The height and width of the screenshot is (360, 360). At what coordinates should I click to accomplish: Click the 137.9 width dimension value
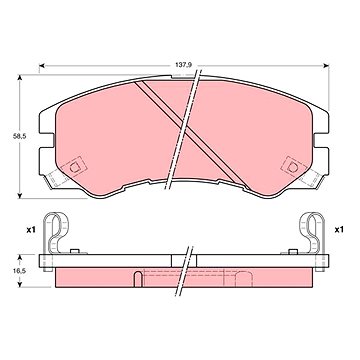[183, 65]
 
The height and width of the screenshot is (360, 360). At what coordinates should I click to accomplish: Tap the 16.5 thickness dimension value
[17, 271]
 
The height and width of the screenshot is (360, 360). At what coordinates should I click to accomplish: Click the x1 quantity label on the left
[31, 229]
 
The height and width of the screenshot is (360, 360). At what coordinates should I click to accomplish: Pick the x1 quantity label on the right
[339, 229]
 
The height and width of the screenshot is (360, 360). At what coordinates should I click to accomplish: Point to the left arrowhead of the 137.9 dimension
[42, 66]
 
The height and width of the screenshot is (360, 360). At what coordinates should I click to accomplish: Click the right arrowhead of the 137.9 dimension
[326, 66]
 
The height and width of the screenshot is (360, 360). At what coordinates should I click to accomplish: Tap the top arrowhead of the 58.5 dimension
[20, 78]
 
